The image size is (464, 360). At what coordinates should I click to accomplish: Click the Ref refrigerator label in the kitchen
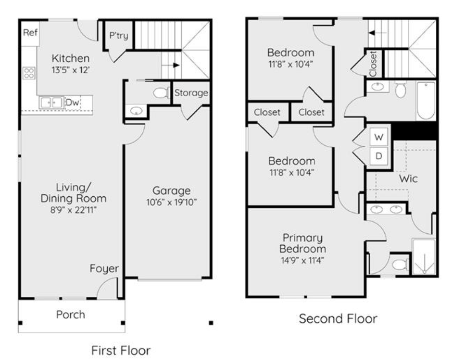pyautogui.click(x=30, y=32)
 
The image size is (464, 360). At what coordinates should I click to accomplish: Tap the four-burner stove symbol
pyautogui.click(x=29, y=73)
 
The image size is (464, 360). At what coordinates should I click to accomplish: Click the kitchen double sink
pyautogui.click(x=51, y=103)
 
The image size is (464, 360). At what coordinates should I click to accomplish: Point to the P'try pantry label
pyautogui.click(x=119, y=35)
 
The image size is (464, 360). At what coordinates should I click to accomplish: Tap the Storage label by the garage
pyautogui.click(x=191, y=93)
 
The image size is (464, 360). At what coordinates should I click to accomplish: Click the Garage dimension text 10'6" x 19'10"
pyautogui.click(x=171, y=202)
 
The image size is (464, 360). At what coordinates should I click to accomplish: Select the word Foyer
pyautogui.click(x=104, y=268)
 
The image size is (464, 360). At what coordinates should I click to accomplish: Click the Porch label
pyautogui.click(x=71, y=315)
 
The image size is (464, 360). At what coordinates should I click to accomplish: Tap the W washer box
pyautogui.click(x=379, y=137)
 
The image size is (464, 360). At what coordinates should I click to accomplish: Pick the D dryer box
pyautogui.click(x=379, y=156)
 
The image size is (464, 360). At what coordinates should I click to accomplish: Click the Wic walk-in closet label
pyautogui.click(x=408, y=178)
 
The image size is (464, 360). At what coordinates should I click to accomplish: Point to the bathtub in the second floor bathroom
pyautogui.click(x=426, y=100)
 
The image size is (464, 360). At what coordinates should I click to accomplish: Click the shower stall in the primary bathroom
pyautogui.click(x=424, y=256)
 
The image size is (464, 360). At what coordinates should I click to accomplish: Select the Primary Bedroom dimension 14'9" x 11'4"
pyautogui.click(x=303, y=260)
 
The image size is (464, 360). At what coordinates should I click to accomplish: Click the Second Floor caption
pyautogui.click(x=338, y=319)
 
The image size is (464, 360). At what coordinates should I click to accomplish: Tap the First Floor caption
pyautogui.click(x=121, y=350)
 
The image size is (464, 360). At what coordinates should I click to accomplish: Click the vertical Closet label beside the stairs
pyautogui.click(x=373, y=64)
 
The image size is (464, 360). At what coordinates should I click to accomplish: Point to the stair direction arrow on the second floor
pyautogui.click(x=377, y=33)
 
